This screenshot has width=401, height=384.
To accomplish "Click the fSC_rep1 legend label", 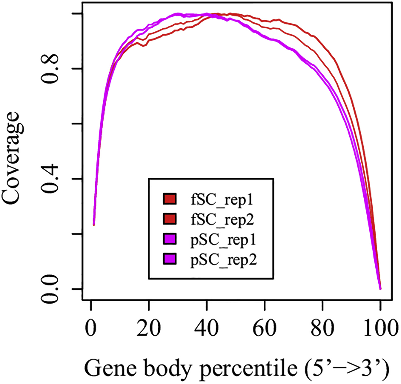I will pyautogui.click(x=222, y=200).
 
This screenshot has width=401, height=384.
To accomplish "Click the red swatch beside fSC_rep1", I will pyautogui.click(x=170, y=199).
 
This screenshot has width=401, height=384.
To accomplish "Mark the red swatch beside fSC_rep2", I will pyautogui.click(x=170, y=219).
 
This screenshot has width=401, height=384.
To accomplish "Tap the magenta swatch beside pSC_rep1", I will pyautogui.click(x=170, y=239).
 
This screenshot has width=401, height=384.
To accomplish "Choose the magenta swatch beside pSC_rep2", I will pyautogui.click(x=170, y=259).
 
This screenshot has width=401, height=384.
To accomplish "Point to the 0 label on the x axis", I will pyautogui.click(x=91, y=328).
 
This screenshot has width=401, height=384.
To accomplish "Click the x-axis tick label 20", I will pyautogui.click(x=148, y=328).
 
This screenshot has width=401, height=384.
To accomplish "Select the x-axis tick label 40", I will pyautogui.click(x=206, y=328).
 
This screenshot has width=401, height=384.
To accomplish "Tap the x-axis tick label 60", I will pyautogui.click(x=264, y=328).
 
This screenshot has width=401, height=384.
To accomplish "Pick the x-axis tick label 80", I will pyautogui.click(x=322, y=328).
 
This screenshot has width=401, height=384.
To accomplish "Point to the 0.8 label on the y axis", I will pyautogui.click(x=50, y=69).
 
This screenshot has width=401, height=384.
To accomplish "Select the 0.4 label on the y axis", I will pyautogui.click(x=50, y=179).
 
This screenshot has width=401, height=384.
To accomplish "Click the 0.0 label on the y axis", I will pyautogui.click(x=50, y=289).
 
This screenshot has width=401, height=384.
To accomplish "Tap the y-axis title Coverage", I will pyautogui.click(x=11, y=158).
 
